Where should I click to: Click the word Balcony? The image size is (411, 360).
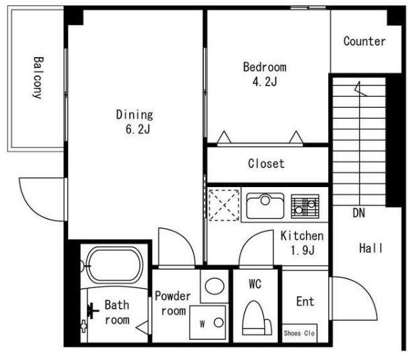[x=38, y=78]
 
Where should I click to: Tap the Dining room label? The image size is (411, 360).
[x=135, y=115]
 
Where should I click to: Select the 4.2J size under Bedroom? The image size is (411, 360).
[x=265, y=82]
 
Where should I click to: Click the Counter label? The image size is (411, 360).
[x=365, y=42]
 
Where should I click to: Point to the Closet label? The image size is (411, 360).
[x=266, y=164]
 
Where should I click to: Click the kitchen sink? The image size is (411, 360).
[x=265, y=206]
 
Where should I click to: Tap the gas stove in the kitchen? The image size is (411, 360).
[x=305, y=206]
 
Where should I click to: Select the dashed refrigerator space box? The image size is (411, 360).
[x=224, y=205]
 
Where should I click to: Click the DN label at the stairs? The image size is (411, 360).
[x=359, y=213]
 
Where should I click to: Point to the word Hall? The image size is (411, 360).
[x=371, y=248]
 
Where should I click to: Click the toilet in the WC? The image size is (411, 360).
[x=256, y=318]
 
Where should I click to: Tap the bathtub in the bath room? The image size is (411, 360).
[x=114, y=266]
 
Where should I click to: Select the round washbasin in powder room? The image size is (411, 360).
[x=215, y=286]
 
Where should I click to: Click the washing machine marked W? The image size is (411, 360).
[x=207, y=322]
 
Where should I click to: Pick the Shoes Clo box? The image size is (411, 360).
[x=299, y=333]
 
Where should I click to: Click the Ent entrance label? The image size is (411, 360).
[x=305, y=301]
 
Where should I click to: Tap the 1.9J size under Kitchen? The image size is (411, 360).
[x=302, y=250]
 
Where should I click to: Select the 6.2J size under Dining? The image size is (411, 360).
[x=138, y=129]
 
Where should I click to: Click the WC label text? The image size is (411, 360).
[x=255, y=284]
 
